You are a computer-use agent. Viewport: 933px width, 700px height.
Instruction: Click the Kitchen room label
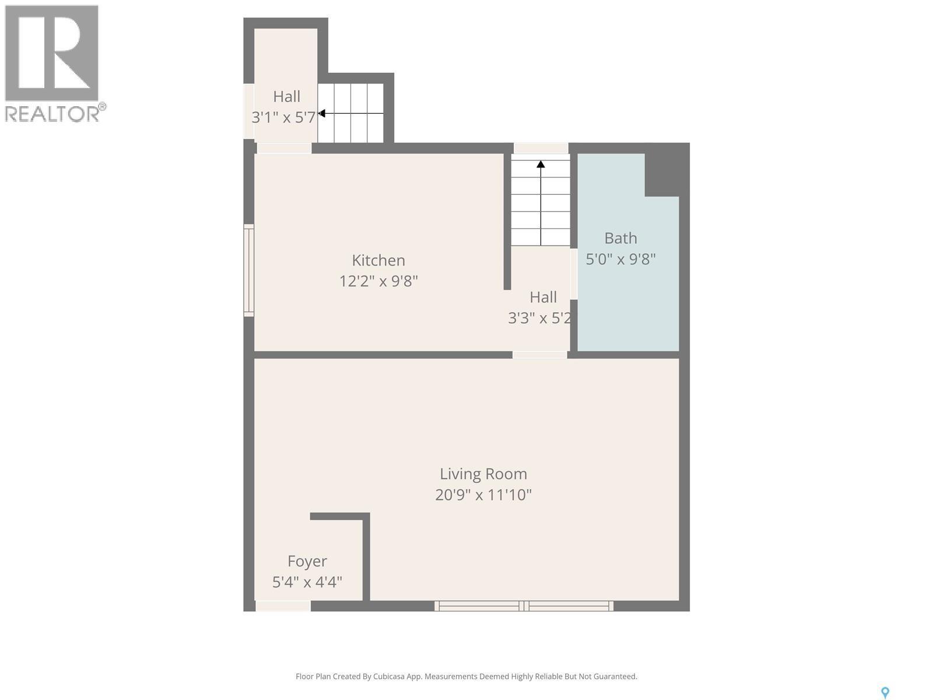378,260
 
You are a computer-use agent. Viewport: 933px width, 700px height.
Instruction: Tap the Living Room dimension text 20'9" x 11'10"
483,495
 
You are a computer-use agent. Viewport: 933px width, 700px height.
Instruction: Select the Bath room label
620,238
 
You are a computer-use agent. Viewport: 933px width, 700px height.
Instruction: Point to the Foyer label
307,561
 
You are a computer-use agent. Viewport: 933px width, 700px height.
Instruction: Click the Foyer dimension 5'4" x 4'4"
307,582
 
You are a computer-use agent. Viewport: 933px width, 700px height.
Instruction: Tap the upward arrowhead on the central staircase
541,164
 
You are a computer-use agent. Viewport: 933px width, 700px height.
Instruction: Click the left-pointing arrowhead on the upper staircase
321,113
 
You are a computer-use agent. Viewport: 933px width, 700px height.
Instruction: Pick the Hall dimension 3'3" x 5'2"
539,318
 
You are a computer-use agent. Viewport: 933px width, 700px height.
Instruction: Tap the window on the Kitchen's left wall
249,270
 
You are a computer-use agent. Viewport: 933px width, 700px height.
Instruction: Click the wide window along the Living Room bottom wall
524,606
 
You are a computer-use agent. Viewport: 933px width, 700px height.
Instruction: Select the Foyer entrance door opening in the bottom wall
283,607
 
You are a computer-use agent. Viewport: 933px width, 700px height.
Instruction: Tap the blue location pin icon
885,692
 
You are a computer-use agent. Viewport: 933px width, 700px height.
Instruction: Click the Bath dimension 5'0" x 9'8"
620,259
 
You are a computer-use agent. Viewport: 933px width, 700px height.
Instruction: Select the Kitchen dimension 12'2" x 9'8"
378,281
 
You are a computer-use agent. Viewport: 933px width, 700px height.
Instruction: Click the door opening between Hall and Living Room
539,355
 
